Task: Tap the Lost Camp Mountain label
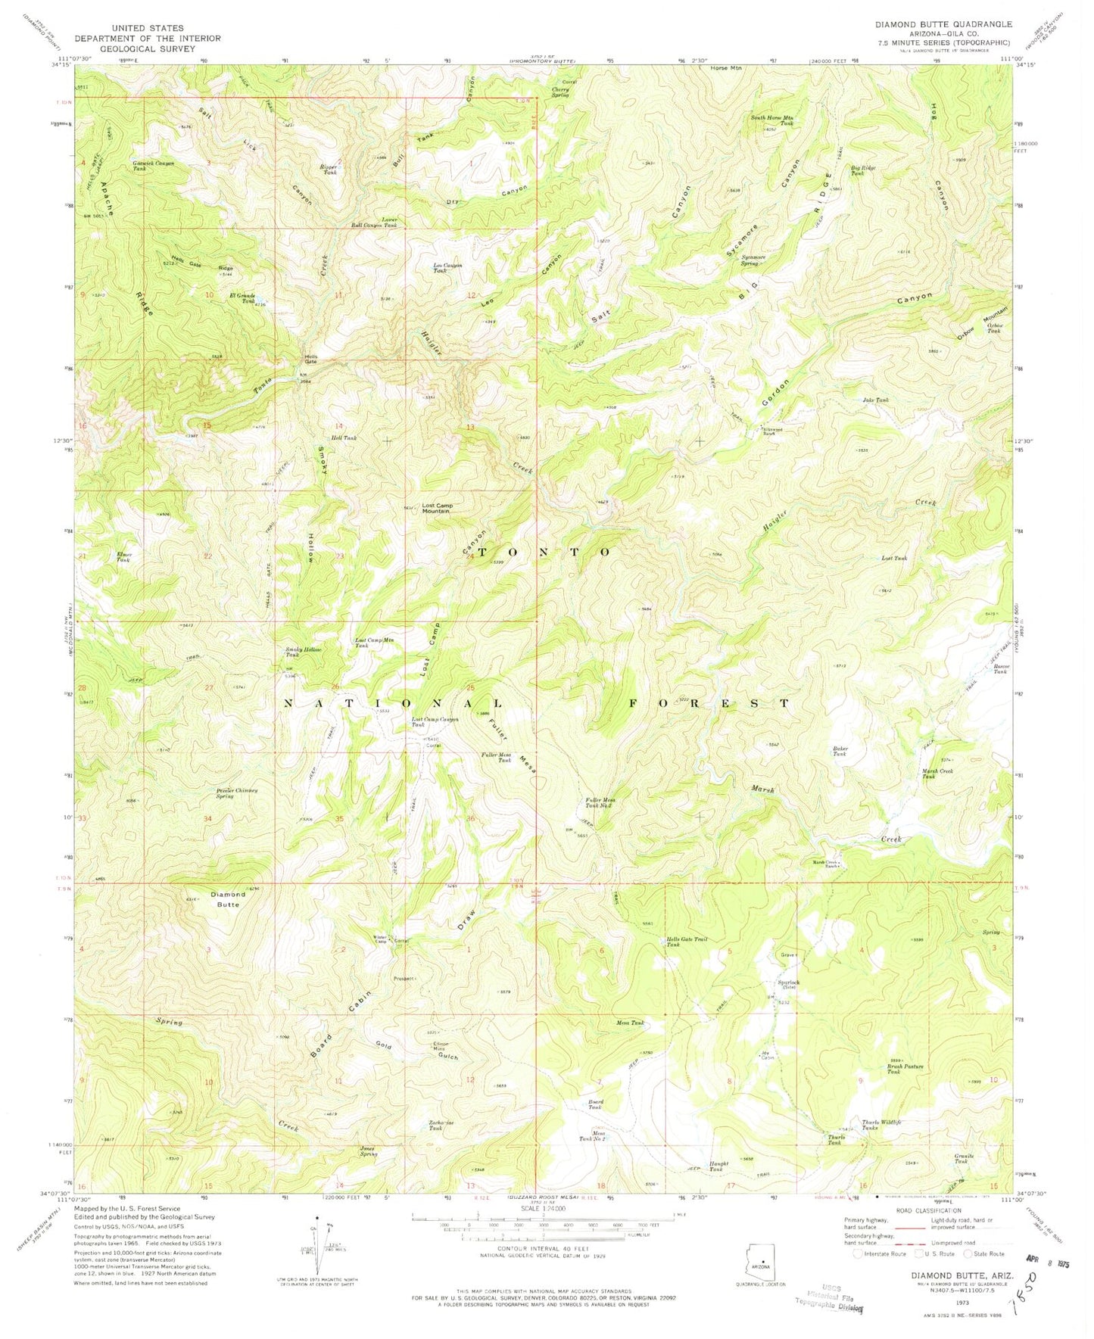tap(436, 508)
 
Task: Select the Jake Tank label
tap(875, 400)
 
